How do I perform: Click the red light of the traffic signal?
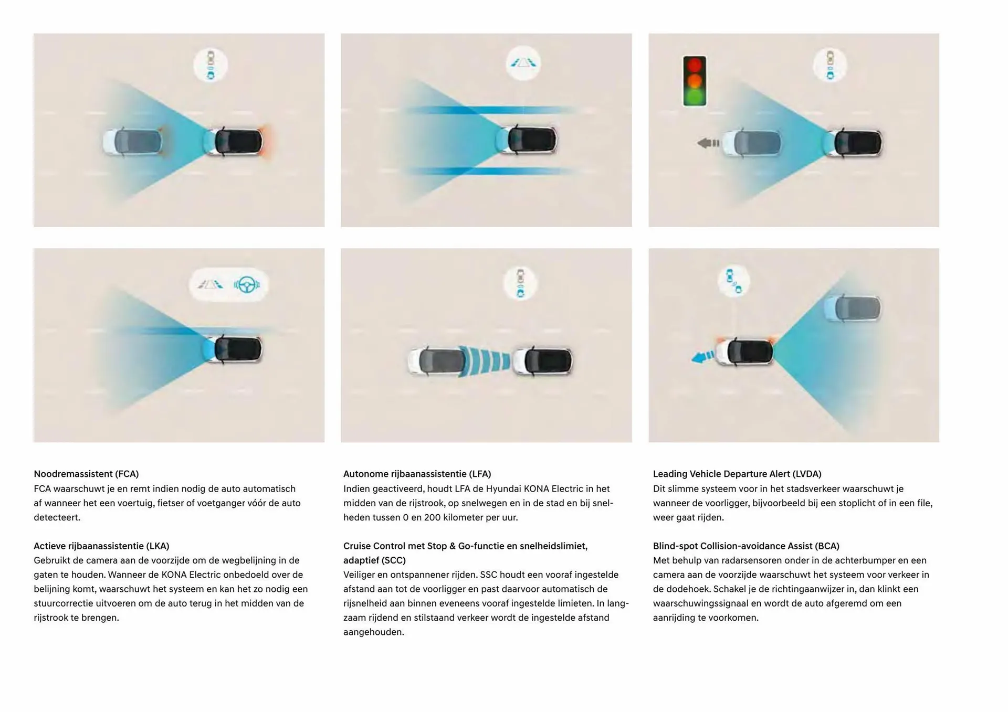coord(695,66)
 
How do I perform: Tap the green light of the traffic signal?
coord(695,97)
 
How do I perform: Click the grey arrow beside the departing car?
coord(708,143)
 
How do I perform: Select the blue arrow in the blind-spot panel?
coord(702,357)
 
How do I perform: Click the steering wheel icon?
coord(247,284)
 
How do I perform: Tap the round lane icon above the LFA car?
coord(523,63)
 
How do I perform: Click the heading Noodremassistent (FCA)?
coord(86,474)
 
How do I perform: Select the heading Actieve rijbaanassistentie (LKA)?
coord(101,546)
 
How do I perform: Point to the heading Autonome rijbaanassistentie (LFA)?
coord(417,474)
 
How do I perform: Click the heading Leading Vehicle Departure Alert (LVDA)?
coord(737,474)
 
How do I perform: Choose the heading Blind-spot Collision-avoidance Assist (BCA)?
coord(746,546)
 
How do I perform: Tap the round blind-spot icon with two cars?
coord(734,281)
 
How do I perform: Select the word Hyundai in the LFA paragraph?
coord(503,489)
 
